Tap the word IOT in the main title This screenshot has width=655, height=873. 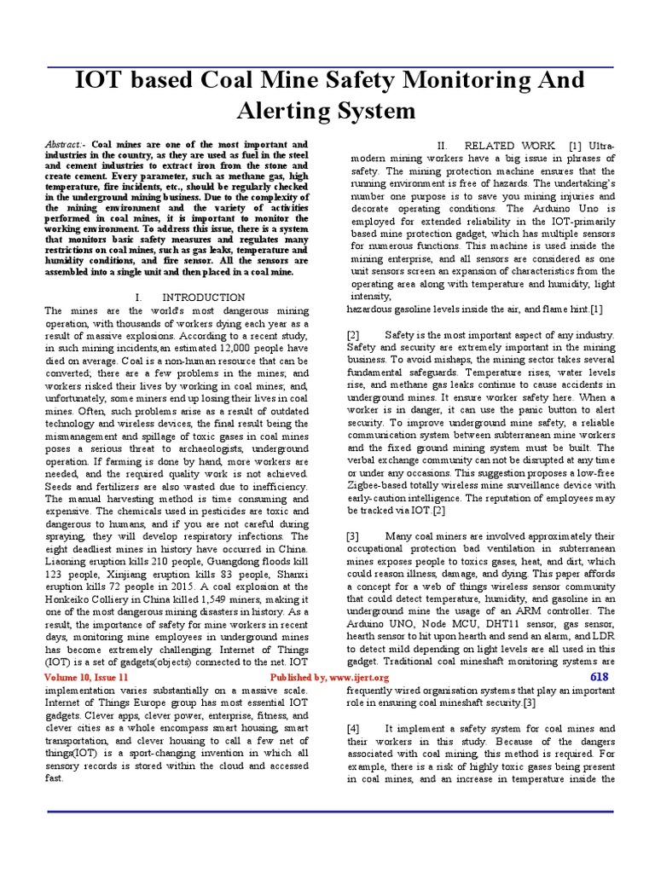(102, 80)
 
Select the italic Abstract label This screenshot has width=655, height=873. (66, 146)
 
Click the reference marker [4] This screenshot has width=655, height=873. (354, 729)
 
